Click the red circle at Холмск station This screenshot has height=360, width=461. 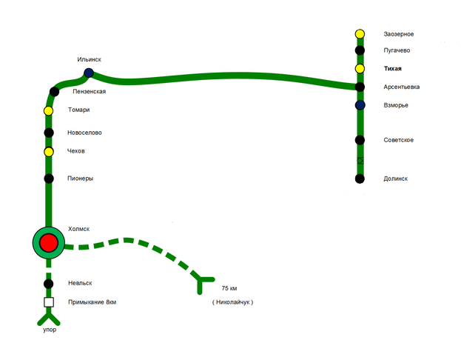pos(49,242)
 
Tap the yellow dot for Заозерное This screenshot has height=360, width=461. pos(360,33)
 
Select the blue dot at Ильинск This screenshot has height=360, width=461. pos(89,73)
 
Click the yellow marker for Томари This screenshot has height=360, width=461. pos(49,111)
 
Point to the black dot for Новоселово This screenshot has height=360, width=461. pos(49,133)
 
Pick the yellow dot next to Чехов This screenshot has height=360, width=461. pos(49,152)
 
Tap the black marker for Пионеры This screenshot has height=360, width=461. pos(49,179)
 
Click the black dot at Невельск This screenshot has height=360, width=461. pos(49,284)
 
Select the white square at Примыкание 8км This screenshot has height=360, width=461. pos(49,302)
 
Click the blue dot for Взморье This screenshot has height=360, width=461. pos(360,105)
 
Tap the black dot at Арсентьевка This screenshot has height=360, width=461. pos(360,87)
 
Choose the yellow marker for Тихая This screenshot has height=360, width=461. pos(360,69)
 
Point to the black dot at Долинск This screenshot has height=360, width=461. pos(360,179)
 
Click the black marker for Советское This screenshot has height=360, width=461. pos(360,140)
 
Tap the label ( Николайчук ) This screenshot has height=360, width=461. pos(232,302)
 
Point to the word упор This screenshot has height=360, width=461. pos(49,330)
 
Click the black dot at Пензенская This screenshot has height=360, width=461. pos(54,92)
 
